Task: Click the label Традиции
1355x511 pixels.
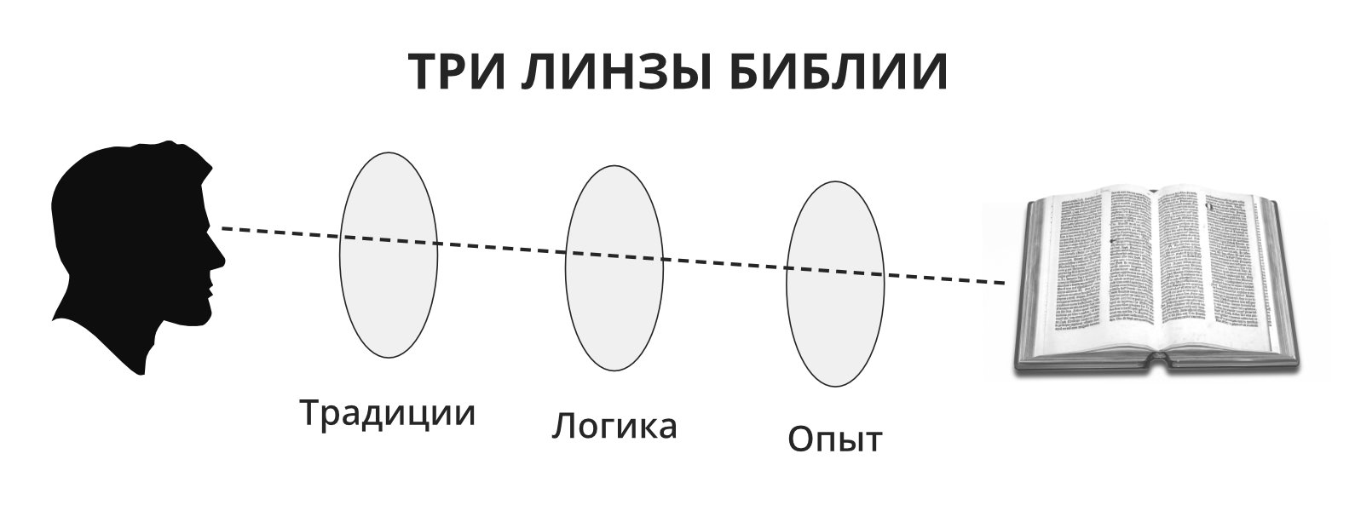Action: [x=388, y=414]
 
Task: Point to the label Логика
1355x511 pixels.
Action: [x=614, y=426]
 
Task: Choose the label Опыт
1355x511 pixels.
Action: [x=835, y=439]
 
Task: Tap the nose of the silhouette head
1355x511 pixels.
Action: [x=219, y=255]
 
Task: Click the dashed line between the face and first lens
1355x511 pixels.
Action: [x=281, y=233]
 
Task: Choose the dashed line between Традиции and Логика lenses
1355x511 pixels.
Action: [x=503, y=248]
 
